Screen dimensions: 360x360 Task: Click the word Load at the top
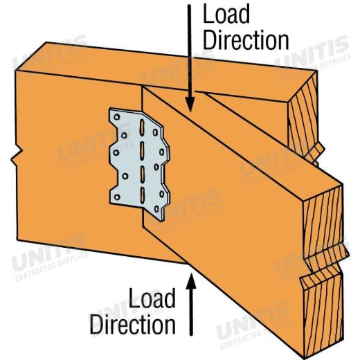coord(226,14)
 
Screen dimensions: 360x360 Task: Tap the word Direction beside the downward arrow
coord(246,40)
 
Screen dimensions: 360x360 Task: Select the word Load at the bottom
coord(152,298)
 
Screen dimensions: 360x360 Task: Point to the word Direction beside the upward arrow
coord(132,324)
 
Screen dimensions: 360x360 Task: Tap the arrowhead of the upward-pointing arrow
coord(191,281)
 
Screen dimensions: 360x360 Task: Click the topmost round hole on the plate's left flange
coord(117,117)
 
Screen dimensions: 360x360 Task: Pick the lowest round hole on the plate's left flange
coord(117,197)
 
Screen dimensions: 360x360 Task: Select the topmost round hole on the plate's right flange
coord(155,132)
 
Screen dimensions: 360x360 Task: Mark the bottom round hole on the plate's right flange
coord(157,209)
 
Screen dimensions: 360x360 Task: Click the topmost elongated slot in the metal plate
coord(142,127)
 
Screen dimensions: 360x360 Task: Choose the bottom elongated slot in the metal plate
coord(143,195)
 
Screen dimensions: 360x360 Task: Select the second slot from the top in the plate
coord(142,150)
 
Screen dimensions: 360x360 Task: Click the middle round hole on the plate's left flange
coord(116,152)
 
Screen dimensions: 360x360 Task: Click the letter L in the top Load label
coord(207,14)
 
